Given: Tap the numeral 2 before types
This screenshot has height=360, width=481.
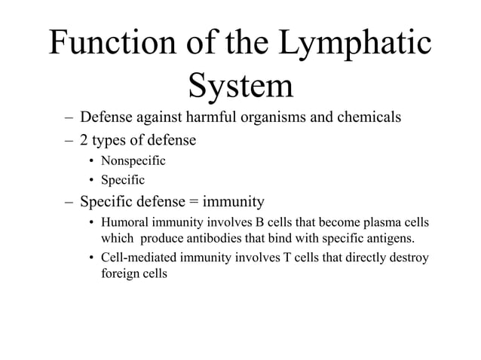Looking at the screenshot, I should pos(84,139).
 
